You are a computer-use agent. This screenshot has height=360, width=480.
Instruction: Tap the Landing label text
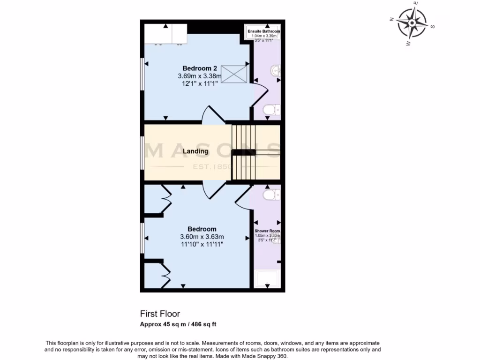tap(195, 151)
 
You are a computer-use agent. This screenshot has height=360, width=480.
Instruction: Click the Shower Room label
tap(267, 232)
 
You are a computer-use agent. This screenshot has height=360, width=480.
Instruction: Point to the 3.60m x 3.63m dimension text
tap(202, 237)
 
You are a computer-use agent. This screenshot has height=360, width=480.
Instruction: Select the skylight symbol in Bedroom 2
tap(234, 74)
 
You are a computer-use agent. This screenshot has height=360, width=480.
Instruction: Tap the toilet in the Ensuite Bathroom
tap(271, 110)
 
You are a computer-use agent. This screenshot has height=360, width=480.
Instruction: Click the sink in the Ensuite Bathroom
tap(275, 71)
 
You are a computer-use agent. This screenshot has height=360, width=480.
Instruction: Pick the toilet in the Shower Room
tap(271, 194)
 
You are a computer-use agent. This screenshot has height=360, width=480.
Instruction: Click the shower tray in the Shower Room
tap(267, 279)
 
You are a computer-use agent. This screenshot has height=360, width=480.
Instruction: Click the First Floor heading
tap(160, 314)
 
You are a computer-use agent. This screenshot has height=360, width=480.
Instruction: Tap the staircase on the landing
tap(244, 152)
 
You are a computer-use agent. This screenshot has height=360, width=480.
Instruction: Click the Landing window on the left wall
tap(142, 152)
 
